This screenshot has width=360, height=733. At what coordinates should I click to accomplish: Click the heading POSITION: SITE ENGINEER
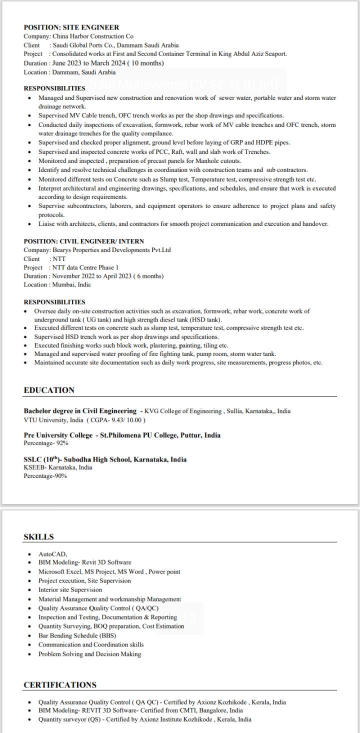point(71,27)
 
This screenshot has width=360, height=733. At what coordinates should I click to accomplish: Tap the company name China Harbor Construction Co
point(92,36)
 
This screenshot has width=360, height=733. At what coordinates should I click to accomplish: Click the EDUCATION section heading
point(49,390)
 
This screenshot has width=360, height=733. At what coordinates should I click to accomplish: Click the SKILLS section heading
point(38,537)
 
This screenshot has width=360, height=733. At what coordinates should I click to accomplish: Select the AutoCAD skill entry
point(52,554)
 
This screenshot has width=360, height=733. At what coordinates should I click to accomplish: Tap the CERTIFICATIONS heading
point(60,684)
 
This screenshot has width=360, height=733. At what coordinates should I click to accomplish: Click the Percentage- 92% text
point(46,443)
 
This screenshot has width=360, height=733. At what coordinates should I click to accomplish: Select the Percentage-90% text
point(45,476)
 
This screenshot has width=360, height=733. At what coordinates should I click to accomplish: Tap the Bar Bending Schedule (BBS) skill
point(77,635)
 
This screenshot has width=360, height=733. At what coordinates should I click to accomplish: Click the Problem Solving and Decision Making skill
point(89,654)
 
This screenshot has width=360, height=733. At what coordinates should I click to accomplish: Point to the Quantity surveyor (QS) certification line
point(144,719)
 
